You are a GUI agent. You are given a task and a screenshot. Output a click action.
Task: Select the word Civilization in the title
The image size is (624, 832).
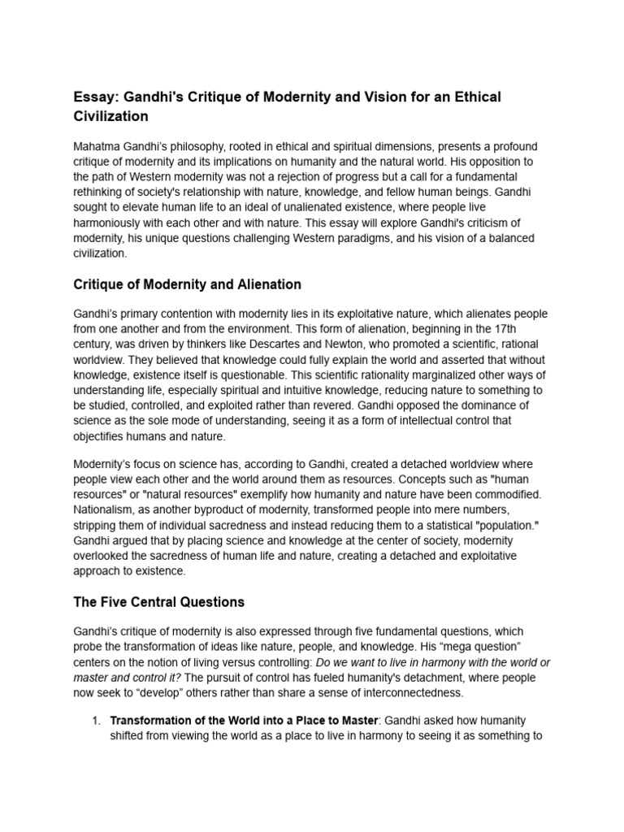click(111, 116)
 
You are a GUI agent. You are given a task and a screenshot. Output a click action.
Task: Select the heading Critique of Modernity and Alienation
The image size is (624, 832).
click(188, 284)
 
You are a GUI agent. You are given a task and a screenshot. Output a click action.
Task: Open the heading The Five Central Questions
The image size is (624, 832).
click(159, 602)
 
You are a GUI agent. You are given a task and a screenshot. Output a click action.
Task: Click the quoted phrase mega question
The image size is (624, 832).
click(507, 648)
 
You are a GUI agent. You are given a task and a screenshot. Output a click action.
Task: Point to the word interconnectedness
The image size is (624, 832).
click(411, 693)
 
